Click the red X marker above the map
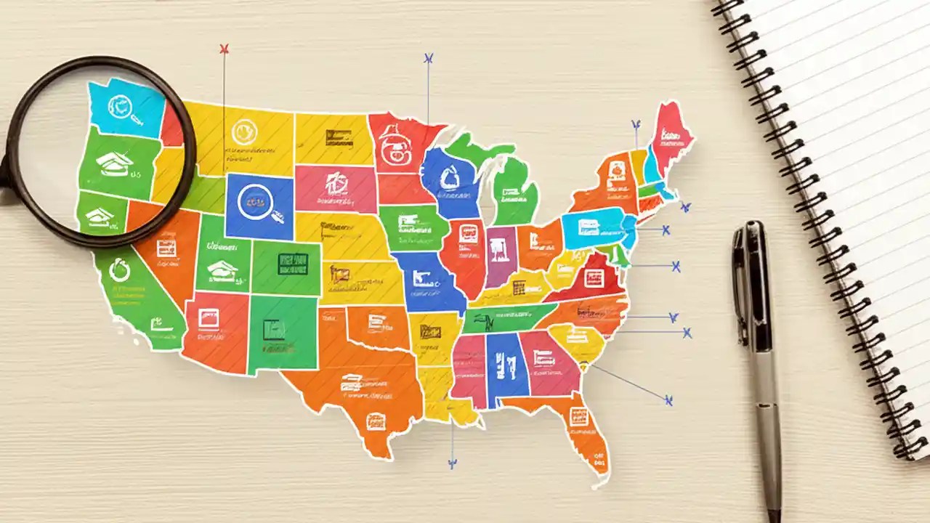click(224, 49)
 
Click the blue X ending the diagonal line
click(668, 400)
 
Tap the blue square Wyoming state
click(259, 206)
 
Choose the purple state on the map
click(501, 254)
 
